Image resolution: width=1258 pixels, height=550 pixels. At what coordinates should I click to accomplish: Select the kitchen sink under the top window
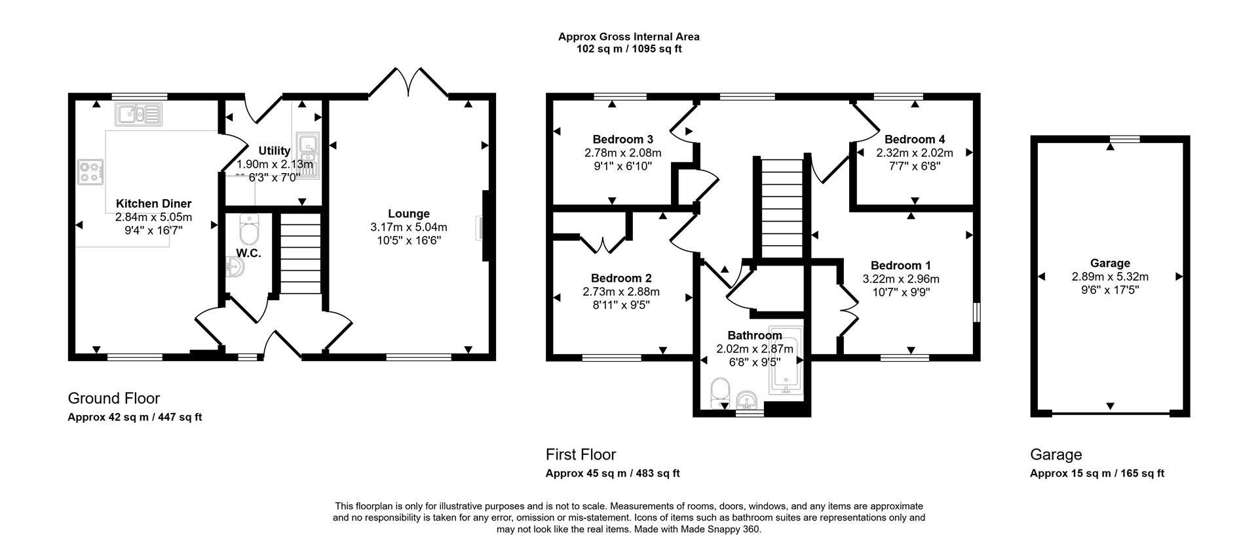pos(138,115)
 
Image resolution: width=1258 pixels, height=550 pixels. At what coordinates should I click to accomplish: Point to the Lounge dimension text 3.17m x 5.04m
pos(408,227)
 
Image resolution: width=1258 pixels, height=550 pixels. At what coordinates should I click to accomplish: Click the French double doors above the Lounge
pos(408,84)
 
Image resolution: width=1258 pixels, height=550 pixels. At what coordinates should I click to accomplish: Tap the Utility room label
pos(274,151)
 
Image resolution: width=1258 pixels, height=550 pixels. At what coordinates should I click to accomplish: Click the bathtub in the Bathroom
pos(785,359)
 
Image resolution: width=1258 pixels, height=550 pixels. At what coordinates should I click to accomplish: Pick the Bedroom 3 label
pos(622,139)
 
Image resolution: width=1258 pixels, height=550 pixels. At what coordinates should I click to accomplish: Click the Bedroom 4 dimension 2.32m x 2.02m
pos(914,153)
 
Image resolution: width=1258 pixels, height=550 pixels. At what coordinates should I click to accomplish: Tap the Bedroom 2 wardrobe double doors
pos(603,244)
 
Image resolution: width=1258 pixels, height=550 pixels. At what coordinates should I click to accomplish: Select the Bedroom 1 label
pos(900,265)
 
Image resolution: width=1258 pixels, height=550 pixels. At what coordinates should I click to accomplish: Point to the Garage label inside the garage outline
pos(1109,264)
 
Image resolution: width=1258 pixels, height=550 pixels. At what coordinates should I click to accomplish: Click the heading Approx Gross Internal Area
pos(628,37)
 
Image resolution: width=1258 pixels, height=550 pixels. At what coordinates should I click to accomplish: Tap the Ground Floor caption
pos(114,398)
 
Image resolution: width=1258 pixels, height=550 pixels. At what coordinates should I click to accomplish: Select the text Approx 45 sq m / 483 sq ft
pos(612,473)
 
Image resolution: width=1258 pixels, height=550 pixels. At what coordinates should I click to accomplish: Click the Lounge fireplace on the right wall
pos(484,227)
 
